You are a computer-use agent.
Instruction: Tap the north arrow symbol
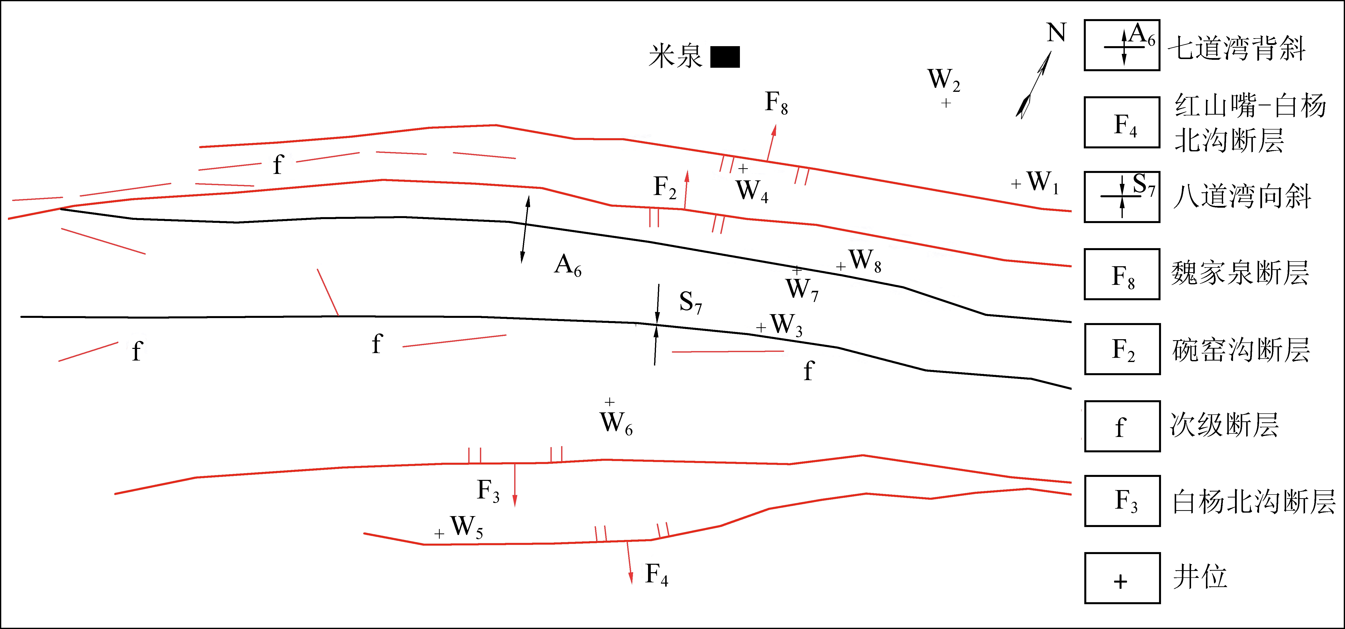click(1034, 84)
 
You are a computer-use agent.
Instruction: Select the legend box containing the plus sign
click(1122, 578)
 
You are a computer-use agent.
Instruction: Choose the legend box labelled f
click(1122, 426)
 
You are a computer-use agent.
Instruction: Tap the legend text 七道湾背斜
click(1236, 48)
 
